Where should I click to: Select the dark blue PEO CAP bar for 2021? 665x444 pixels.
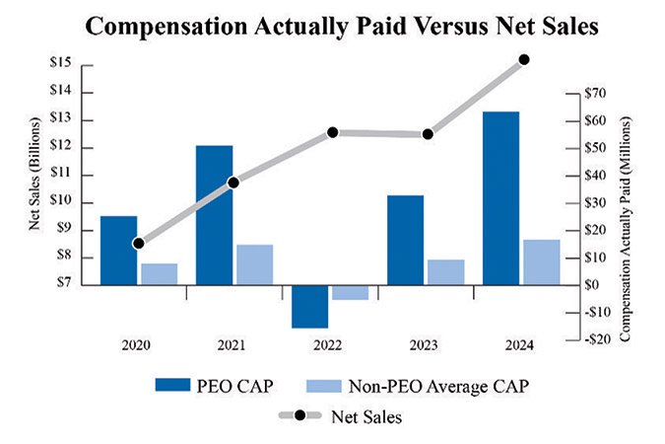point(215,215)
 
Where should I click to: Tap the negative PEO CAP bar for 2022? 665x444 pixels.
point(309,306)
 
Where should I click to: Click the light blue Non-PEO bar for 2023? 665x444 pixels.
point(444,272)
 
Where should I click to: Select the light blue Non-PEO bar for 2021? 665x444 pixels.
point(254,264)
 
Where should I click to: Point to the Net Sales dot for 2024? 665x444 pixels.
point(524,59)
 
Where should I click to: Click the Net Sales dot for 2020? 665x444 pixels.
point(139,243)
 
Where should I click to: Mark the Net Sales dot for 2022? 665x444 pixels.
point(332,132)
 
